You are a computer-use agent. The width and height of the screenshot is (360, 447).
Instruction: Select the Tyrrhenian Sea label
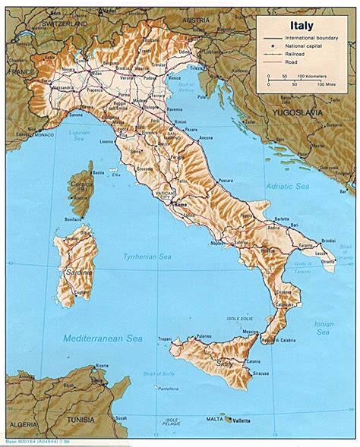[x=145, y=258]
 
